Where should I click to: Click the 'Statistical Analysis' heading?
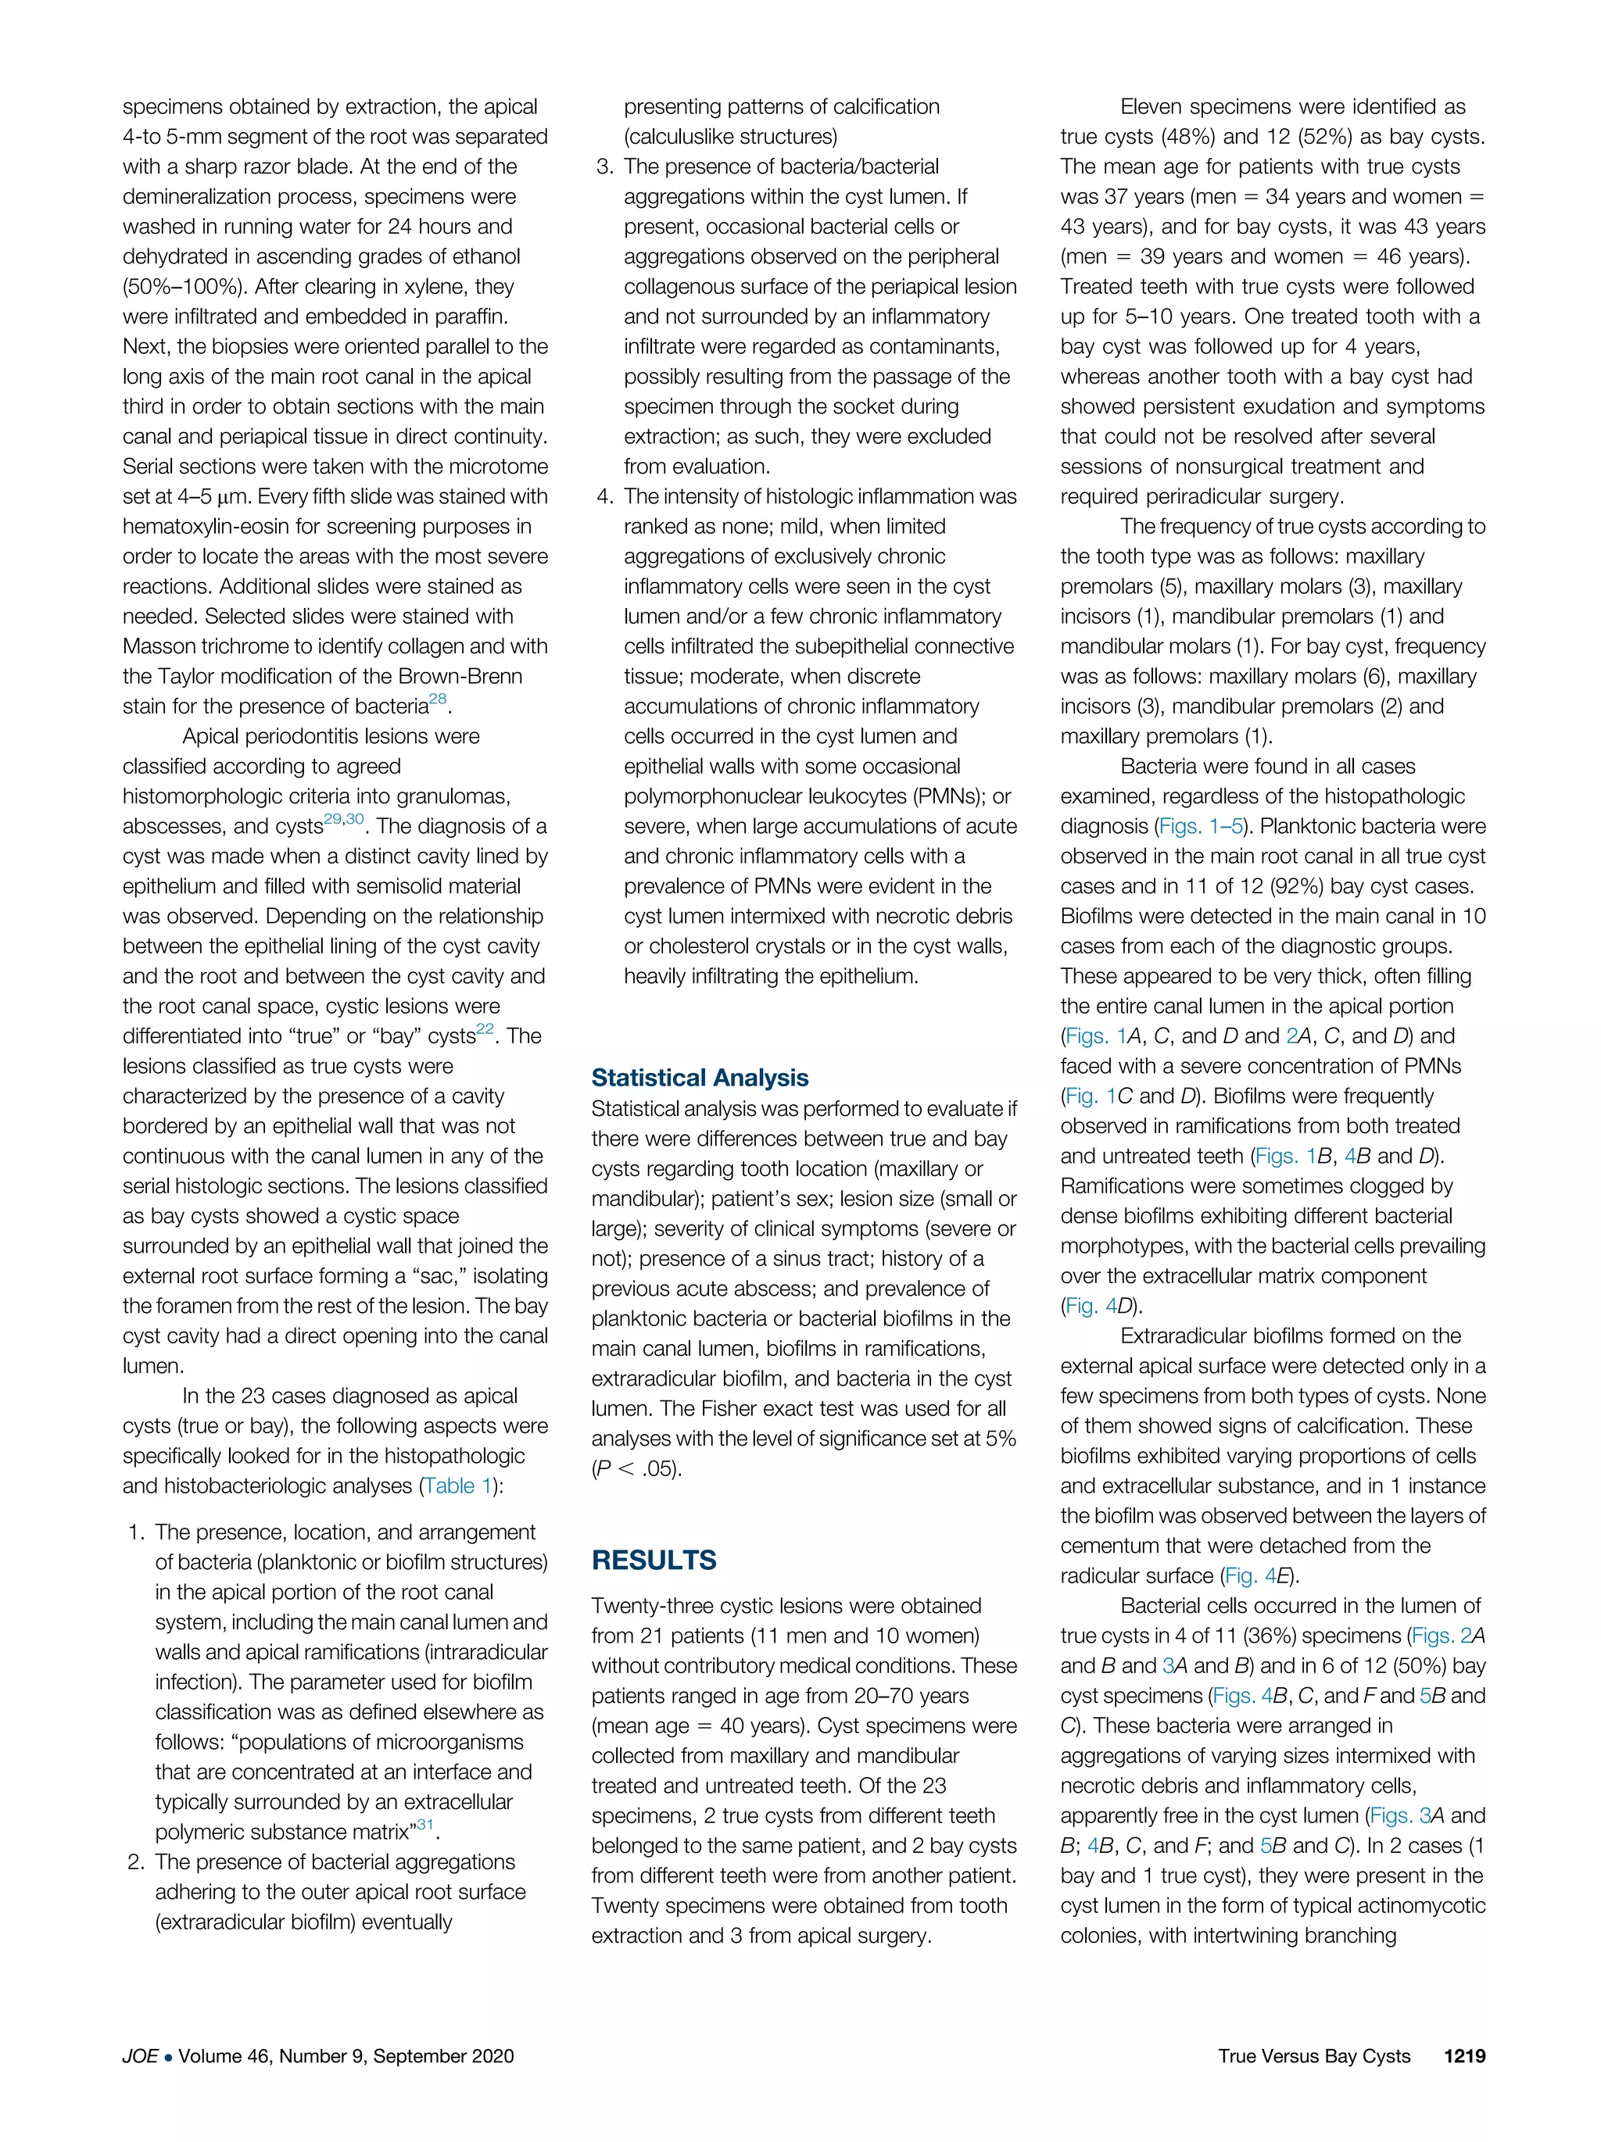pyautogui.click(x=700, y=1078)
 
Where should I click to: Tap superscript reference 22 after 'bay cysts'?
pyautogui.click(x=485, y=1030)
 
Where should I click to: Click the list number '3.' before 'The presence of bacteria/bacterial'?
pyautogui.click(x=604, y=166)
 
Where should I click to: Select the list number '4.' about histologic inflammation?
pyautogui.click(x=604, y=497)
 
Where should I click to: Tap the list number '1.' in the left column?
pyautogui.click(x=137, y=1532)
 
